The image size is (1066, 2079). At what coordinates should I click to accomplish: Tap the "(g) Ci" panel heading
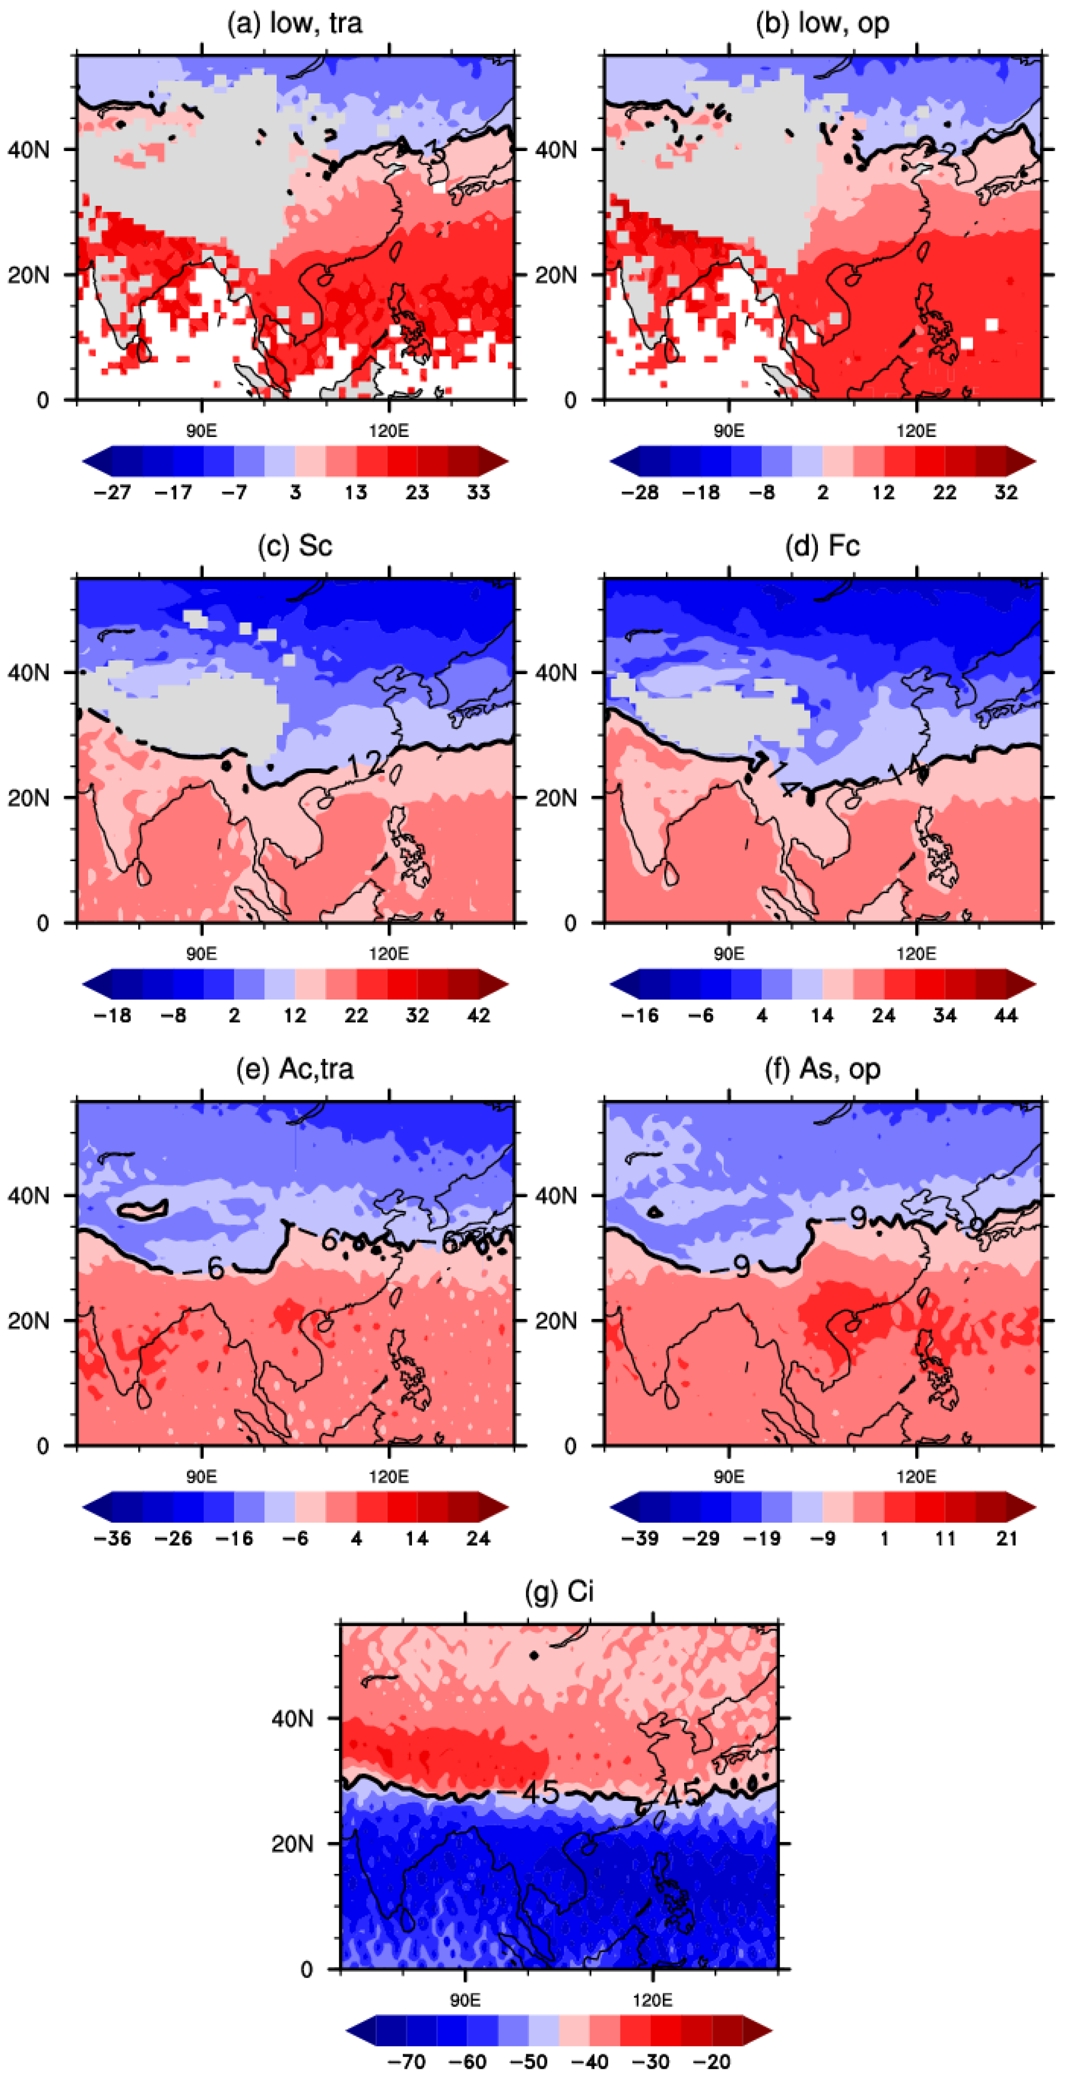559,1591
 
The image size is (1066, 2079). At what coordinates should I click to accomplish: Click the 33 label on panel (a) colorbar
478,492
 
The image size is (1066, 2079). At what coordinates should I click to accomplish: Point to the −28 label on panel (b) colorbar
639,492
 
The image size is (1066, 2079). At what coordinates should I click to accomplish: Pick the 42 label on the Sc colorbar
478,1015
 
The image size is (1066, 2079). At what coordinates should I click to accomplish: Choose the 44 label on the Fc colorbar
1005,1015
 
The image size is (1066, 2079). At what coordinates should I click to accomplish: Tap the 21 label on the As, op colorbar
1006,1538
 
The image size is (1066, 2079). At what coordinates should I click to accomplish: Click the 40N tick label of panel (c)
28,672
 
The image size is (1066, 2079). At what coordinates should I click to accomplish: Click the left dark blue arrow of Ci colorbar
360,2031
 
